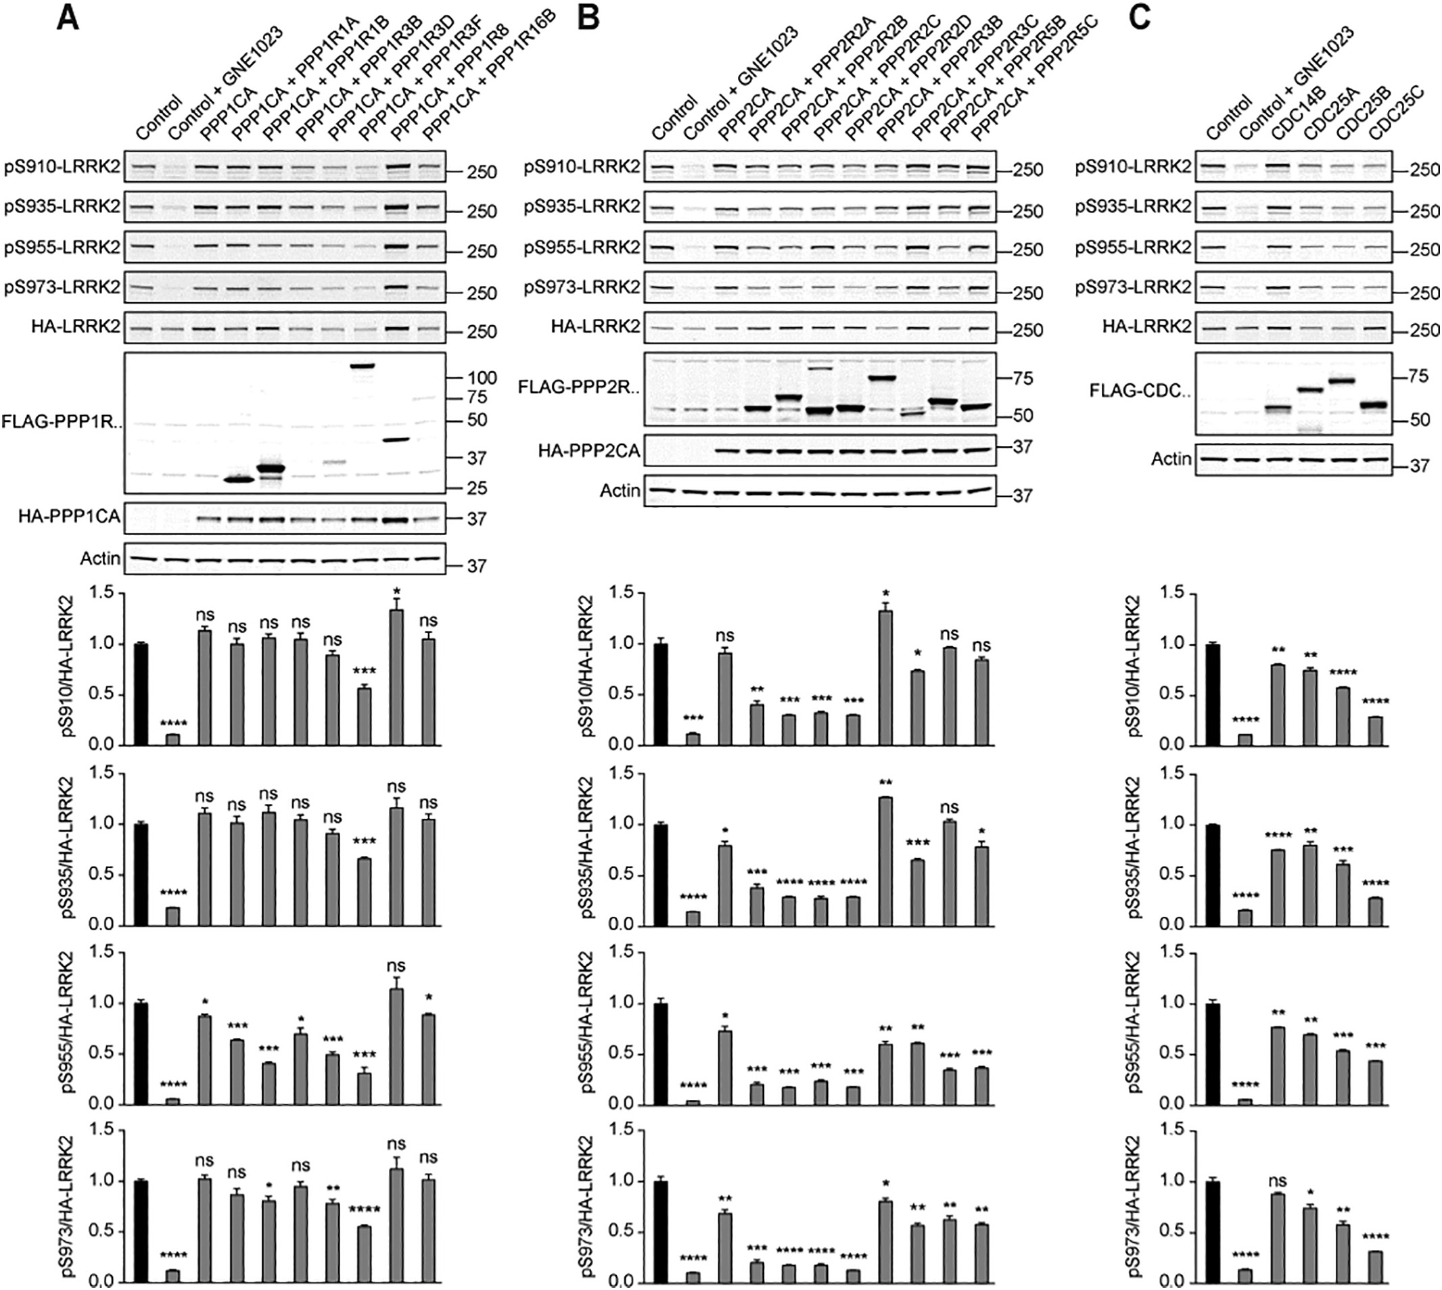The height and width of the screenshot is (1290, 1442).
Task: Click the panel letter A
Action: coord(68,18)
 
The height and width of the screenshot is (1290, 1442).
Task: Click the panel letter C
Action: coord(1138,18)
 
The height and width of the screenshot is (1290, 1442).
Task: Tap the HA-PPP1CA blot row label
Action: coord(69,518)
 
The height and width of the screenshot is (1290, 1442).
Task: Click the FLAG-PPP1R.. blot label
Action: coord(61,421)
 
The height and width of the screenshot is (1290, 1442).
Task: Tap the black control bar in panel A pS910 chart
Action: coord(141,694)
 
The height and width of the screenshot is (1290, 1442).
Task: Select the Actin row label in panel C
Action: coord(1171,459)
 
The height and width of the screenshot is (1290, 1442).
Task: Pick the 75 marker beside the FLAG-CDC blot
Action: coord(1418,377)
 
